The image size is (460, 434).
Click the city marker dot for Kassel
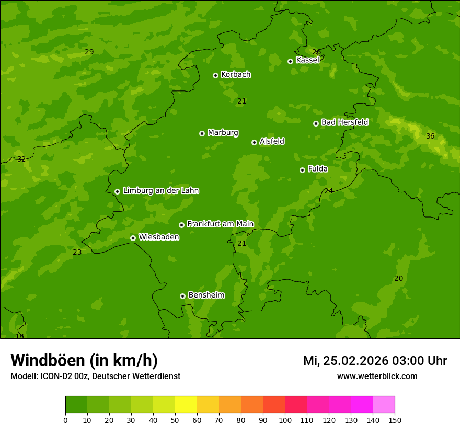pos(290,61)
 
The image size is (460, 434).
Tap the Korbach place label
pos(236,75)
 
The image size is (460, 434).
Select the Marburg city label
pos(223,133)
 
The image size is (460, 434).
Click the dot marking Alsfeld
pos(254,142)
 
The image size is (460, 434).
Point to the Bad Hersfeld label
pos(344,122)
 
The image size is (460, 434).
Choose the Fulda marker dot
pos(302,170)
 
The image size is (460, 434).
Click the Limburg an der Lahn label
pos(160,191)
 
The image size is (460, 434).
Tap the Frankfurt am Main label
pos(220,224)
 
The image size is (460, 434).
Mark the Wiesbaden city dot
pos(133,238)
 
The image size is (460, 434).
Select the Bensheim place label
pos(206,295)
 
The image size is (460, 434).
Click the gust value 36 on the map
pos(430,136)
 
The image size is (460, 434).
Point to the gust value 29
pos(89,52)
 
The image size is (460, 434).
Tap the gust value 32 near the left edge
pos(21,159)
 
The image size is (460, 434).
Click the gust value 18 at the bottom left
pos(20,336)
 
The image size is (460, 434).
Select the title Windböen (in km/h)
pos(84,360)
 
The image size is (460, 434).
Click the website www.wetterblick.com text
pos(377,376)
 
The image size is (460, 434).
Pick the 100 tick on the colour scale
pos(285,420)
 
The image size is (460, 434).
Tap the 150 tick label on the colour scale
pos(395,420)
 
